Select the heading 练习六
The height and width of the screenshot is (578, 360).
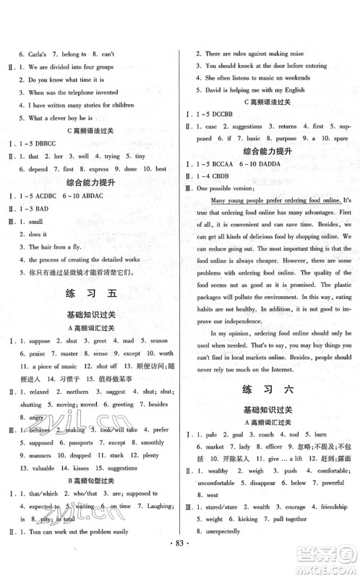point(268,389)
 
